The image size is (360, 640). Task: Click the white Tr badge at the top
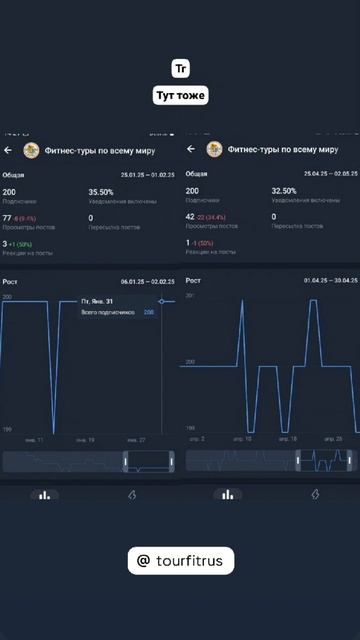pos(180,69)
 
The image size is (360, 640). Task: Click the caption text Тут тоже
pos(180,96)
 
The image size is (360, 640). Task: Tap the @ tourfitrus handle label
pos(180,562)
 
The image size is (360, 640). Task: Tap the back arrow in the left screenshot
pos(8,150)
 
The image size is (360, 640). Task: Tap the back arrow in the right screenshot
pos(191,150)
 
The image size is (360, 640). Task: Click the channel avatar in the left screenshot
pos(32,150)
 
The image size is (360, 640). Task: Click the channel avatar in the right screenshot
pos(214,150)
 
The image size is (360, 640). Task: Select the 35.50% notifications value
pos(101,191)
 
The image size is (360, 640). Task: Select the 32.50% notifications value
pos(284,191)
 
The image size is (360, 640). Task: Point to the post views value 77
pos(8,217)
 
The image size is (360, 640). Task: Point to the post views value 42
pos(191,217)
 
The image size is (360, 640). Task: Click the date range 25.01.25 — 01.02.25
pos(147,174)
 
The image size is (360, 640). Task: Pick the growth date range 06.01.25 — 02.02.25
pos(147,282)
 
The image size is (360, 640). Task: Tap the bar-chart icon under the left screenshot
pos(43,494)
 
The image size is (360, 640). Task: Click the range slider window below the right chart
pos(324,460)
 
